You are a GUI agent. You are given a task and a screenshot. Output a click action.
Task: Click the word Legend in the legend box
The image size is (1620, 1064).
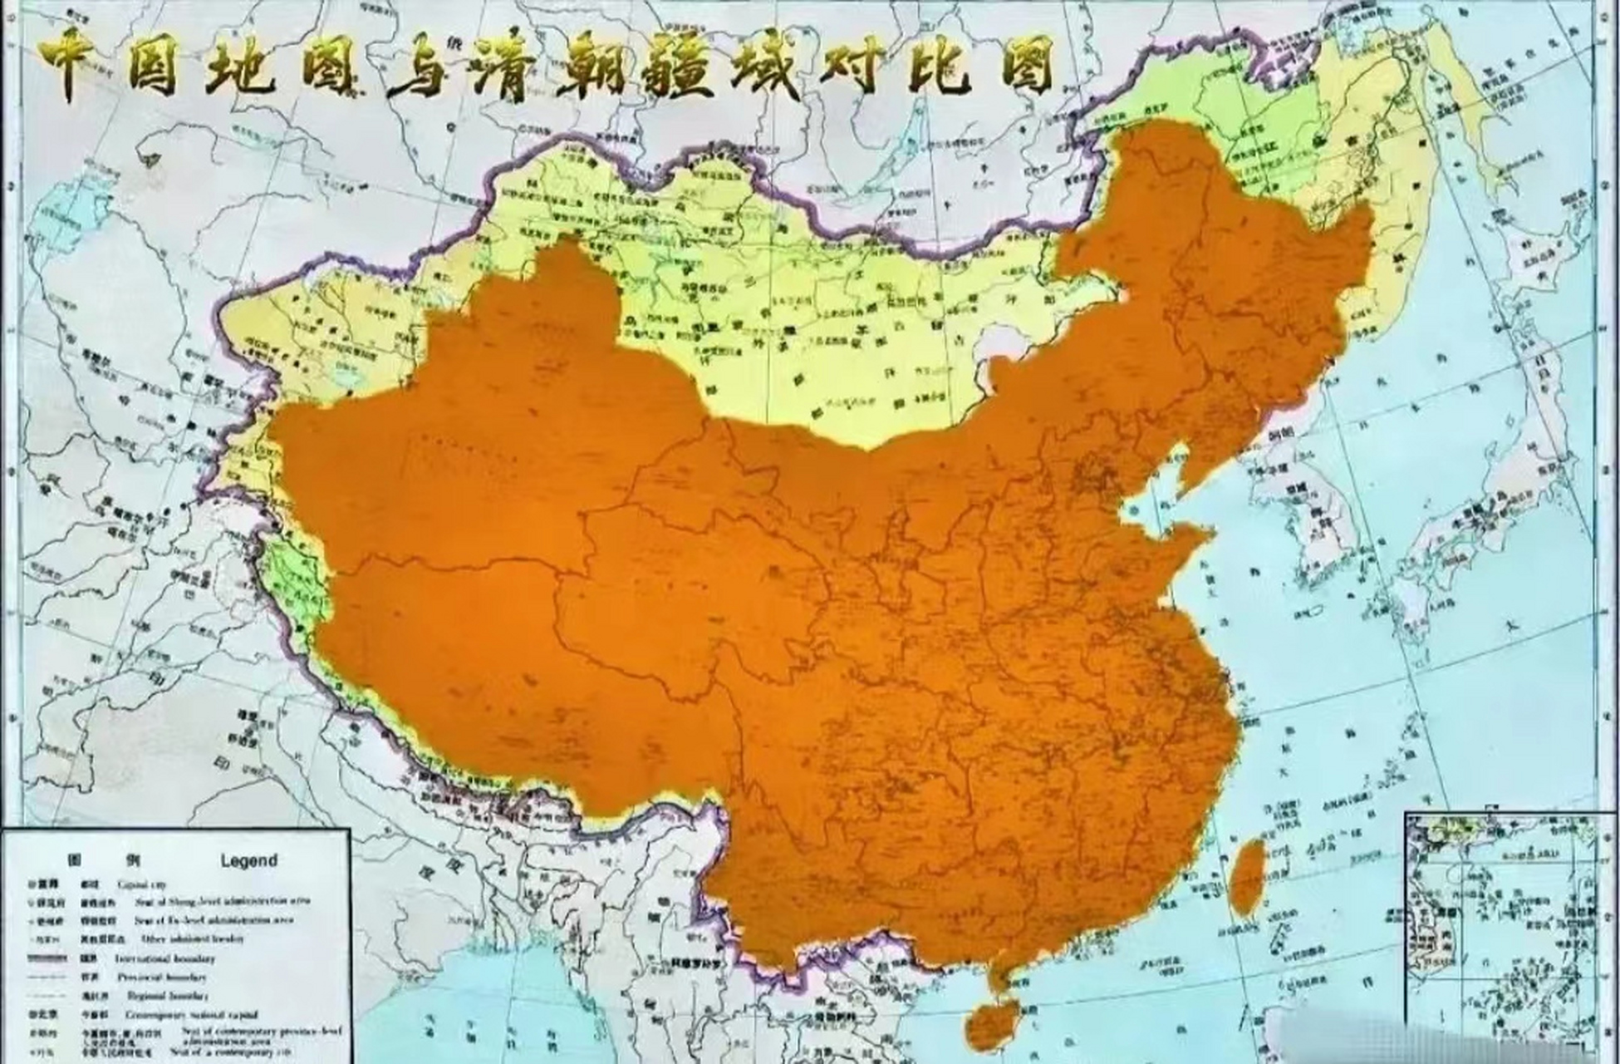tap(248, 861)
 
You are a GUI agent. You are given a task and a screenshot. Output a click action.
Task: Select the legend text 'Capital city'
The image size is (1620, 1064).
tap(142, 884)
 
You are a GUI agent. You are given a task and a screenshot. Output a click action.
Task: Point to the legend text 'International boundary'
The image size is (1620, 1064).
tap(165, 958)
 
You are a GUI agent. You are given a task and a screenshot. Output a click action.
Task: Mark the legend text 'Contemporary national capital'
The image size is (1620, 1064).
tap(191, 1015)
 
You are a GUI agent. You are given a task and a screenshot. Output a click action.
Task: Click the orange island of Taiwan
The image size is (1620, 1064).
tap(1246, 877)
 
